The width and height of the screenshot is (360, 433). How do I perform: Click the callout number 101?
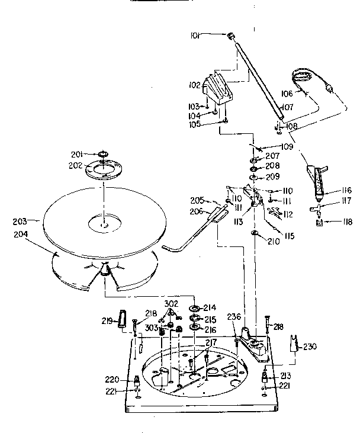(196, 36)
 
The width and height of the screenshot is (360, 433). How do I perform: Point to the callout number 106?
(286, 93)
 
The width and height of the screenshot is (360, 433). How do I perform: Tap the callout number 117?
(345, 201)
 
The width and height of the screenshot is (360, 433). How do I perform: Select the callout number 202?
(75, 166)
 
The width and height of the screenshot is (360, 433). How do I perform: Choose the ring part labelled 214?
(194, 309)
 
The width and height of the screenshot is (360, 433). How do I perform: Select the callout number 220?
(112, 380)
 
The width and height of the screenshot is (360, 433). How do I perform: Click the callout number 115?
(289, 236)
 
